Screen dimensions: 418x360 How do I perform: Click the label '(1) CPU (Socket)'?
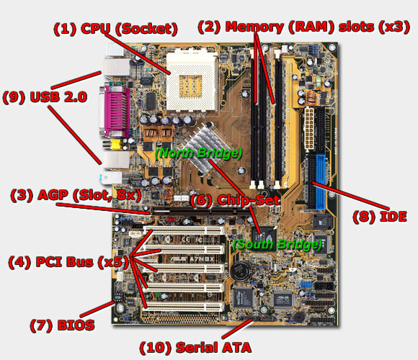point(115,29)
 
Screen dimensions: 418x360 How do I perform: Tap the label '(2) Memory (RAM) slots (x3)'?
point(303,27)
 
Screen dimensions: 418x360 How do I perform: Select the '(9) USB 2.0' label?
point(45,97)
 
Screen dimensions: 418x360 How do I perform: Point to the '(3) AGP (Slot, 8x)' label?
point(76,195)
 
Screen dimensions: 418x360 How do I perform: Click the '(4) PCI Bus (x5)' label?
point(68,262)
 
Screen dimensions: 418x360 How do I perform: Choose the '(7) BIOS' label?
point(62,325)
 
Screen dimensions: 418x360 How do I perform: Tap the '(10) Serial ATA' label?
point(195,348)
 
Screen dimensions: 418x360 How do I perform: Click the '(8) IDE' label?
point(380,217)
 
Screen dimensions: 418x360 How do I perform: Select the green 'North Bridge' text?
point(198,153)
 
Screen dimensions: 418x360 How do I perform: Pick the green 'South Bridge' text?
point(277,244)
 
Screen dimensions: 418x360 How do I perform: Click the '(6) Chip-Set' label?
point(235,200)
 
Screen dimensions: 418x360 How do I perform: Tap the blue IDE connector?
point(320,182)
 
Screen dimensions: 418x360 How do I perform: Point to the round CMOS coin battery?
point(241,271)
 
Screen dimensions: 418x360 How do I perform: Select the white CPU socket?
point(192,81)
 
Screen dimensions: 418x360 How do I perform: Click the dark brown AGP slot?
point(200,211)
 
